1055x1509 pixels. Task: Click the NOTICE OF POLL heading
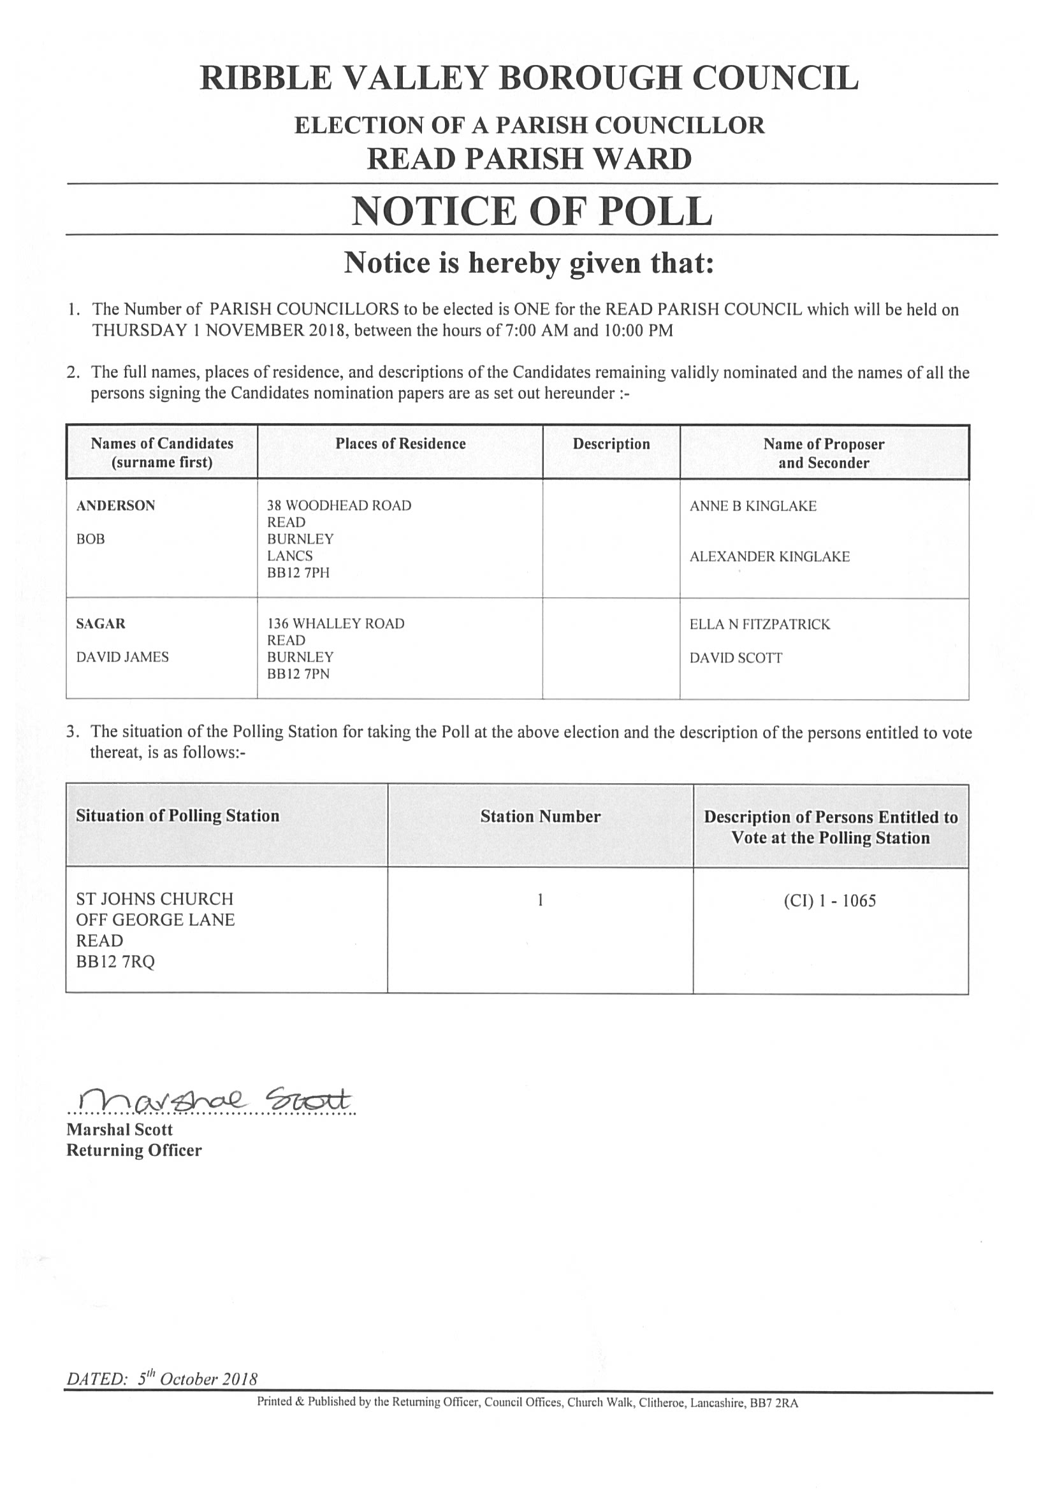point(531,212)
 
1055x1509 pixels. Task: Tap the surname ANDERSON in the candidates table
point(115,505)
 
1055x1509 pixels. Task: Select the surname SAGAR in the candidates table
point(101,624)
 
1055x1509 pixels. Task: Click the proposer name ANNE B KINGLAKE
point(753,506)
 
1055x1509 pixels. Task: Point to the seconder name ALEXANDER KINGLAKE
point(769,557)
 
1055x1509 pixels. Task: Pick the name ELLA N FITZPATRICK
point(759,625)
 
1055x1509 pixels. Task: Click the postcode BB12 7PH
point(298,572)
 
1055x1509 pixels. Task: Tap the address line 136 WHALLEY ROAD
point(335,624)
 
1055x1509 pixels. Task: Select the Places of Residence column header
point(400,444)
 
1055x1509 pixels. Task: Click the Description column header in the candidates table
point(611,444)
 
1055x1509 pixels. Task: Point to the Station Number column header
point(540,816)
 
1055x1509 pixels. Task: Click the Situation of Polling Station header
point(177,816)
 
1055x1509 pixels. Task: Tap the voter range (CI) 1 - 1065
point(829,900)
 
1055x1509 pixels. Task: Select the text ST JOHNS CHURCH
point(154,899)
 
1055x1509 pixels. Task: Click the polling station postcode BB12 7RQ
point(115,962)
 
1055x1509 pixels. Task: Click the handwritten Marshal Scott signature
point(214,1099)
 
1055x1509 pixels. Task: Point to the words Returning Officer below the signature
point(133,1150)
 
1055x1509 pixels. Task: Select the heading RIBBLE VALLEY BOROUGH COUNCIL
point(529,78)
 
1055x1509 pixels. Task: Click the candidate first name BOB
point(91,539)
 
